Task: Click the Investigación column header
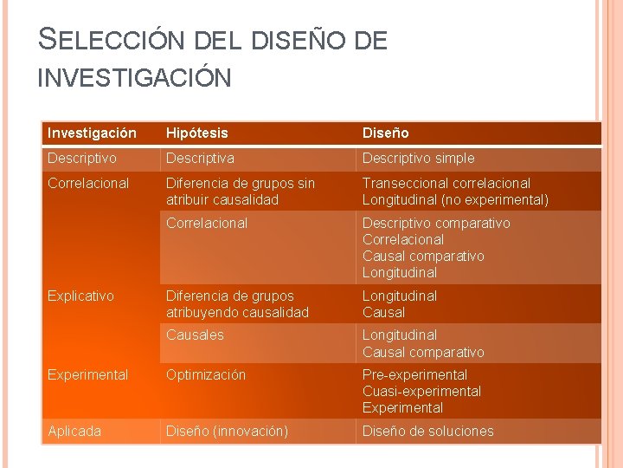click(x=92, y=133)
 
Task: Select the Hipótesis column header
click(x=197, y=133)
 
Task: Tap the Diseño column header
click(x=385, y=133)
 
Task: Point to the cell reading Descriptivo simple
click(x=419, y=158)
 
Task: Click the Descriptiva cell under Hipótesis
click(x=200, y=158)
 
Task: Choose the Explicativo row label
click(x=80, y=296)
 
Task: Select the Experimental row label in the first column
click(x=87, y=374)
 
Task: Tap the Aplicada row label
click(x=74, y=431)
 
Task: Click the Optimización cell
click(x=206, y=374)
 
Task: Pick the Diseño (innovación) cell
click(x=227, y=431)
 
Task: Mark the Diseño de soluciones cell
click(x=428, y=431)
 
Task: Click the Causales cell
click(x=195, y=335)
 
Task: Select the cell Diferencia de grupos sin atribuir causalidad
click(x=240, y=191)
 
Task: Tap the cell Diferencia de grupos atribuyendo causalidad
click(x=237, y=303)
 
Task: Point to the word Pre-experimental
click(x=414, y=374)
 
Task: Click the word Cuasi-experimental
click(x=420, y=391)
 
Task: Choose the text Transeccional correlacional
click(x=446, y=183)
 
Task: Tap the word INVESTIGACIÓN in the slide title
click(x=134, y=78)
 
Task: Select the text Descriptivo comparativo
click(x=436, y=223)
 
